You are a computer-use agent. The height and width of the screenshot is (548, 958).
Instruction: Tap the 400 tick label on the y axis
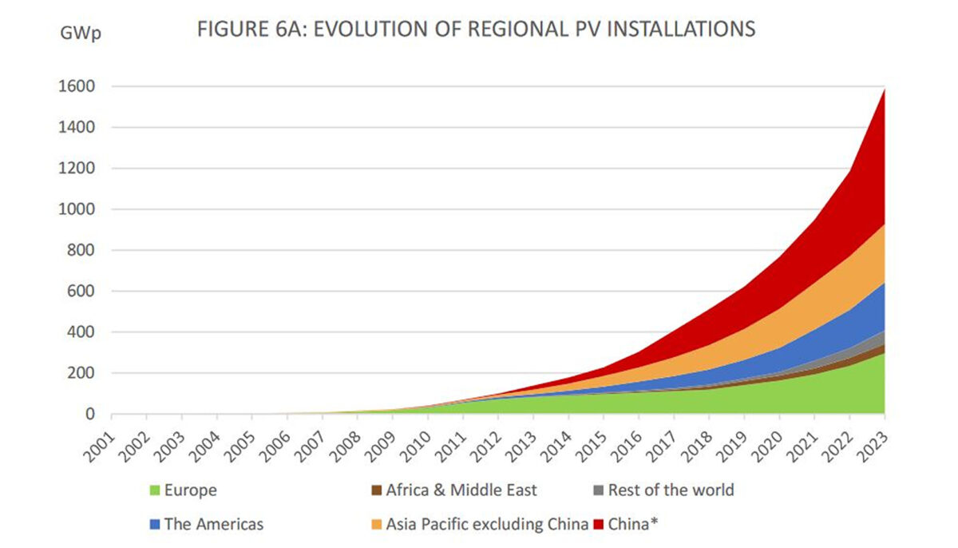point(83,332)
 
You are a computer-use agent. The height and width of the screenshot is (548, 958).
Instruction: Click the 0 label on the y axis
point(91,414)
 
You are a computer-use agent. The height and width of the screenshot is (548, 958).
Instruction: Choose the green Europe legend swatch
point(154,490)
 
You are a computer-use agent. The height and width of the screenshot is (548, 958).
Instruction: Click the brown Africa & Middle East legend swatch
point(376,490)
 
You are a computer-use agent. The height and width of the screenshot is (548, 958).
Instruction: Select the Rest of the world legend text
point(671,490)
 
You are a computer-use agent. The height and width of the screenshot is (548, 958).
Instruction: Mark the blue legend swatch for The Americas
point(154,525)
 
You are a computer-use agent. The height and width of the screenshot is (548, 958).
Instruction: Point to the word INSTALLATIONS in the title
point(675,30)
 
